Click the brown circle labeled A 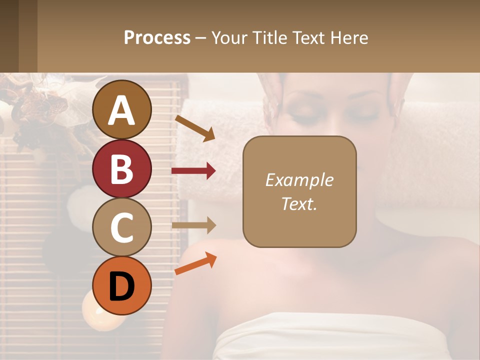pyautogui.click(x=122, y=110)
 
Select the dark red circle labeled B pyautogui.click(x=122, y=168)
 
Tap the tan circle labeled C pyautogui.click(x=122, y=227)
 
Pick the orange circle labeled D pyautogui.click(x=122, y=285)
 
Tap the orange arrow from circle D pyautogui.click(x=195, y=264)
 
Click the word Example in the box pyautogui.click(x=299, y=180)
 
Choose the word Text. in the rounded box pyautogui.click(x=299, y=203)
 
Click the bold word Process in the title pyautogui.click(x=157, y=37)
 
